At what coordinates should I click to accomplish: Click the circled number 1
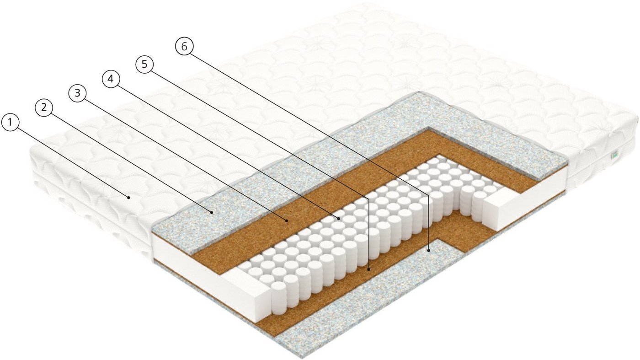pos(10,123)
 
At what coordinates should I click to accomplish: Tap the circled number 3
pos(77,93)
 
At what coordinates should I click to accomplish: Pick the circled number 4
pos(111,78)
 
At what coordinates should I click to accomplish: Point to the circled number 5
pos(144,64)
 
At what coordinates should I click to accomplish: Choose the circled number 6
pos(184,47)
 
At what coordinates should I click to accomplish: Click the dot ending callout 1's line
pos(129,197)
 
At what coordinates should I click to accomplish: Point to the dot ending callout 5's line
pos(369,269)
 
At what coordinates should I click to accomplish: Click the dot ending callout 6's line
pos(429,251)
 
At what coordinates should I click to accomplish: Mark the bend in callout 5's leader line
pos(368,197)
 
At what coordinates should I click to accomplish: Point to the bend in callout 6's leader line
pos(429,195)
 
